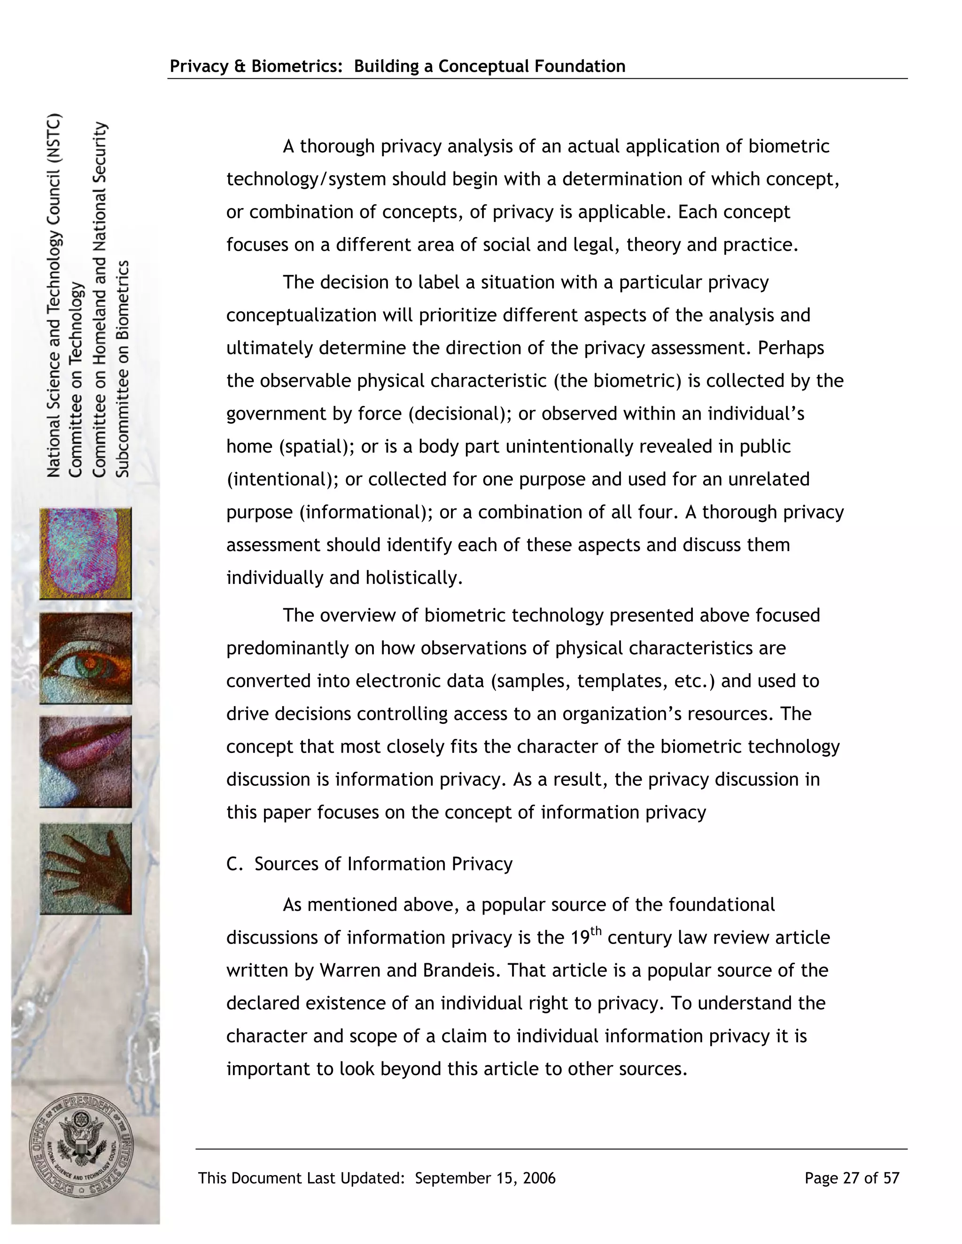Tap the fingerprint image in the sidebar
(85, 553)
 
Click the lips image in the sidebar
(85, 761)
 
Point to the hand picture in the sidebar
(85, 868)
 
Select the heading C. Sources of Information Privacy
(369, 864)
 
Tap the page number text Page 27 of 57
(852, 1178)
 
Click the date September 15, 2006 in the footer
(485, 1178)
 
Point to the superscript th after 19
(596, 931)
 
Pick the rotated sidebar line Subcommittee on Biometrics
(123, 369)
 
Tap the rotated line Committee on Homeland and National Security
(99, 299)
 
